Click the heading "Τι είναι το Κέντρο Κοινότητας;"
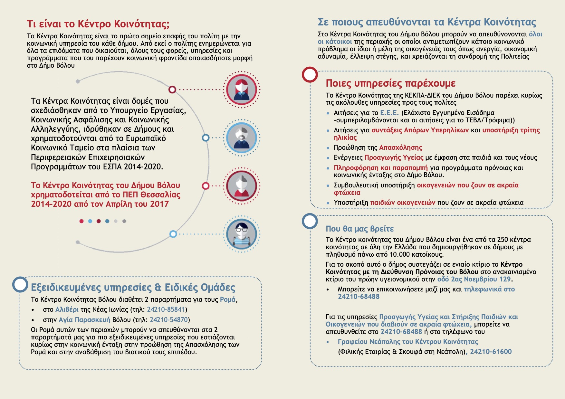tap(98, 24)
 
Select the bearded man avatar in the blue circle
tap(241, 138)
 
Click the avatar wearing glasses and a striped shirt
tap(241, 234)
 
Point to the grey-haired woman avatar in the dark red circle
tap(241, 186)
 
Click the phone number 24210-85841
tap(166, 309)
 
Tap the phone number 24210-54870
tap(169, 320)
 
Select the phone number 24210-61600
tap(491, 352)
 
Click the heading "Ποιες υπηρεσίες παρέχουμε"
tap(390, 83)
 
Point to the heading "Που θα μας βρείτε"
tap(359, 229)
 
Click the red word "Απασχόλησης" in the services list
tap(400, 147)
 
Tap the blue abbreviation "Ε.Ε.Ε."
tap(389, 113)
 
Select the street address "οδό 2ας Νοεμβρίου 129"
tap(474, 279)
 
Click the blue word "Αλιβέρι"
tap(67, 309)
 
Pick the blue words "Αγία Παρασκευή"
tap(84, 320)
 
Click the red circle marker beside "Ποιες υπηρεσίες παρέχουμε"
tap(310, 75)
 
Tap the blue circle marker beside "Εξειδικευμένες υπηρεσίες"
tap(20, 285)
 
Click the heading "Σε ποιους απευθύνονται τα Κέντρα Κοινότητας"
tap(427, 22)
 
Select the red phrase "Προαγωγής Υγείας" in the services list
tap(394, 157)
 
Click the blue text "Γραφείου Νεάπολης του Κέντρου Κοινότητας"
tap(408, 342)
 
